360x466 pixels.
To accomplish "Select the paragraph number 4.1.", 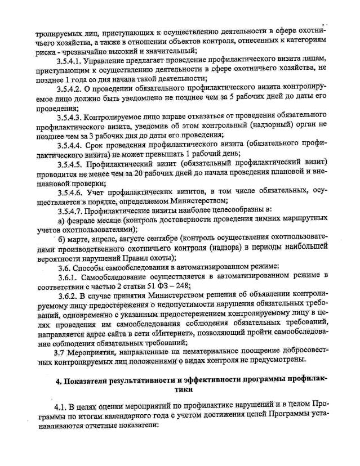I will click(60, 406).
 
